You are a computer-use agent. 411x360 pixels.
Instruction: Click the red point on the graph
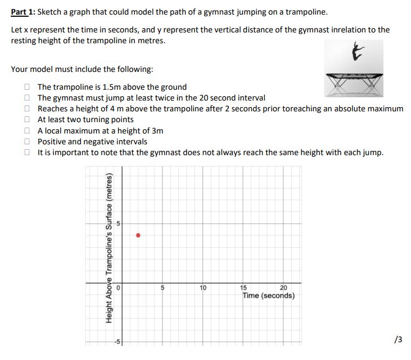(x=138, y=235)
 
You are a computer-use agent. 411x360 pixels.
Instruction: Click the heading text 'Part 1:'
(x=23, y=12)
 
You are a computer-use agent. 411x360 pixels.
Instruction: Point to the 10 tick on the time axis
(x=203, y=288)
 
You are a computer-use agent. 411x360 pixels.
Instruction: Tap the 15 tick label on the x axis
(x=244, y=288)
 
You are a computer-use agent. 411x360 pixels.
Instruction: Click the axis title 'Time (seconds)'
(x=268, y=296)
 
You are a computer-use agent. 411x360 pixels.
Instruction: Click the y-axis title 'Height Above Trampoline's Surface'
(x=109, y=248)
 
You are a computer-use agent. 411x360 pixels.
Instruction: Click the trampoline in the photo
(x=354, y=81)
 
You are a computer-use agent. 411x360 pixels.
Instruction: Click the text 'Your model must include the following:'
(x=82, y=69)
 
